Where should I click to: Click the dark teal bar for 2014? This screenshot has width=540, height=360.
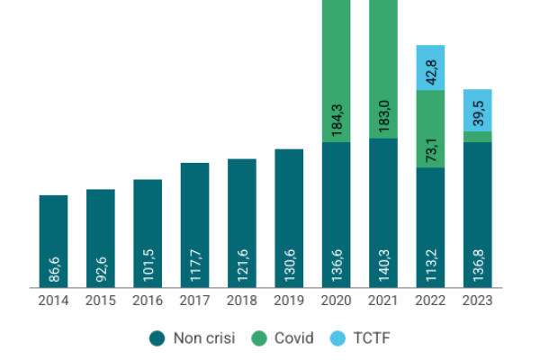pyautogui.click(x=53, y=241)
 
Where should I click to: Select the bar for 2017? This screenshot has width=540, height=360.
pyautogui.click(x=194, y=225)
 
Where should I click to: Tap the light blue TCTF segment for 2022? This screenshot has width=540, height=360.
pyautogui.click(x=430, y=67)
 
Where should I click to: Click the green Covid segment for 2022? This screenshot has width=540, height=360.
pyautogui.click(x=430, y=129)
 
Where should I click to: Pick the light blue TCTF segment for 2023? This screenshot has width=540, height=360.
pyautogui.click(x=477, y=110)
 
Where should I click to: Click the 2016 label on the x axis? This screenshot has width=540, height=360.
pyautogui.click(x=148, y=301)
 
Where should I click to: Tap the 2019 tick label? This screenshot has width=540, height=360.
pyautogui.click(x=289, y=301)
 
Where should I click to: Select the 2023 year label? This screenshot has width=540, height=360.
pyautogui.click(x=477, y=301)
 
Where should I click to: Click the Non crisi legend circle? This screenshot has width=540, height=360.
pyautogui.click(x=157, y=337)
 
